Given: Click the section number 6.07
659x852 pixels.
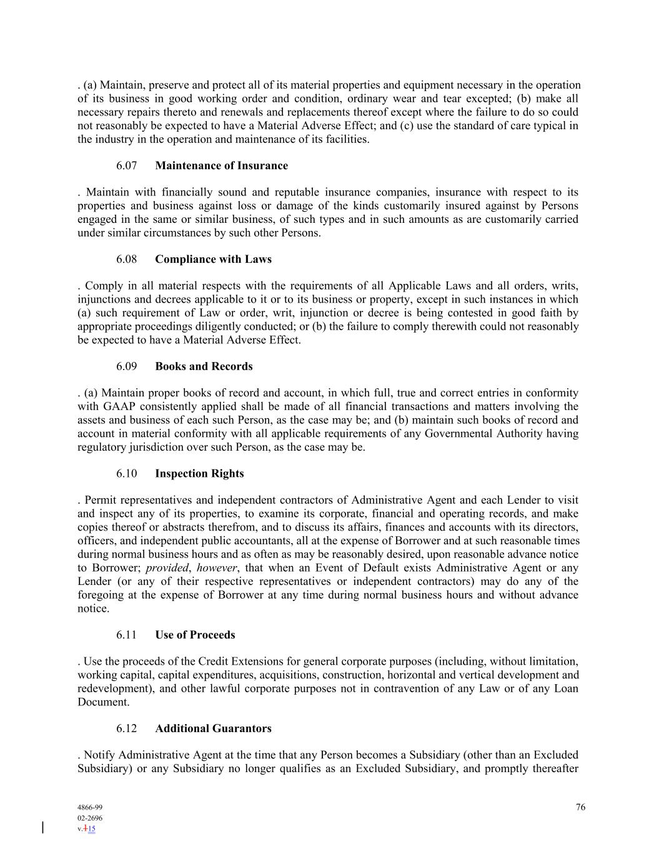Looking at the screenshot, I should coord(127,166).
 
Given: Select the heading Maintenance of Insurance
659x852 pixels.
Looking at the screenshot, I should coord(221,166).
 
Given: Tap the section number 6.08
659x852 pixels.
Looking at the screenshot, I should coord(127,260).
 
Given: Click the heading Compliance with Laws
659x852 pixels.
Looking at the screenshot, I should coord(213,260).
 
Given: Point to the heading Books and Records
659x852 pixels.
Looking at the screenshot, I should coord(204,367).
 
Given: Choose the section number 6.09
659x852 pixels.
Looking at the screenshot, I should coord(127,367).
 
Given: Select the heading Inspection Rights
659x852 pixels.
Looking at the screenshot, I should coord(199,474).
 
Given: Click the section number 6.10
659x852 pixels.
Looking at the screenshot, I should coord(127,474).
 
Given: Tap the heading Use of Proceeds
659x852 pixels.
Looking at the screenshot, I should coord(195,635).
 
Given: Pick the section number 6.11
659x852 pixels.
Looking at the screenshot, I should coord(127,635).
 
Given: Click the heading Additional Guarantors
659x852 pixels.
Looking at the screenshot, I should coord(213,729).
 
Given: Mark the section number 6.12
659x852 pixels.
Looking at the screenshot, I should coord(127,729).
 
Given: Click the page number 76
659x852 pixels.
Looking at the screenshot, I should coord(580,808).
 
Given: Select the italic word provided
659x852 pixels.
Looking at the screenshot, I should coord(167,568).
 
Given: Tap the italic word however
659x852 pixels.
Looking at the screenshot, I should coord(217,568).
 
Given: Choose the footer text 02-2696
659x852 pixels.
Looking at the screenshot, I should coord(90,818).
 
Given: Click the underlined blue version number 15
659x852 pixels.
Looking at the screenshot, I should coord(91,829).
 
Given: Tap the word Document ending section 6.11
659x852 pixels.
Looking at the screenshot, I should coord(102,702).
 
